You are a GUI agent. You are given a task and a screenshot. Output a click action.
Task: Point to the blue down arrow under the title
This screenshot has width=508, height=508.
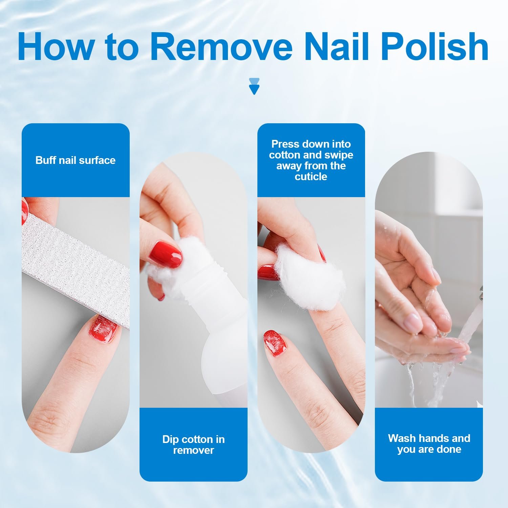pos(254,86)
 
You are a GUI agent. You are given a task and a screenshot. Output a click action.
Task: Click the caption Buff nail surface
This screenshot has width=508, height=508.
pos(76,160)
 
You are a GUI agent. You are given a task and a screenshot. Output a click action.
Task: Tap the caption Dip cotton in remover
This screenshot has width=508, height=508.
pos(193,445)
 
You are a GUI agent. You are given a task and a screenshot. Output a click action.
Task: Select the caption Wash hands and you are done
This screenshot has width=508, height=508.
pos(429,444)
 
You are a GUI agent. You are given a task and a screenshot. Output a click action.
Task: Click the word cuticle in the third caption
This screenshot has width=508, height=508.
pos(311,177)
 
